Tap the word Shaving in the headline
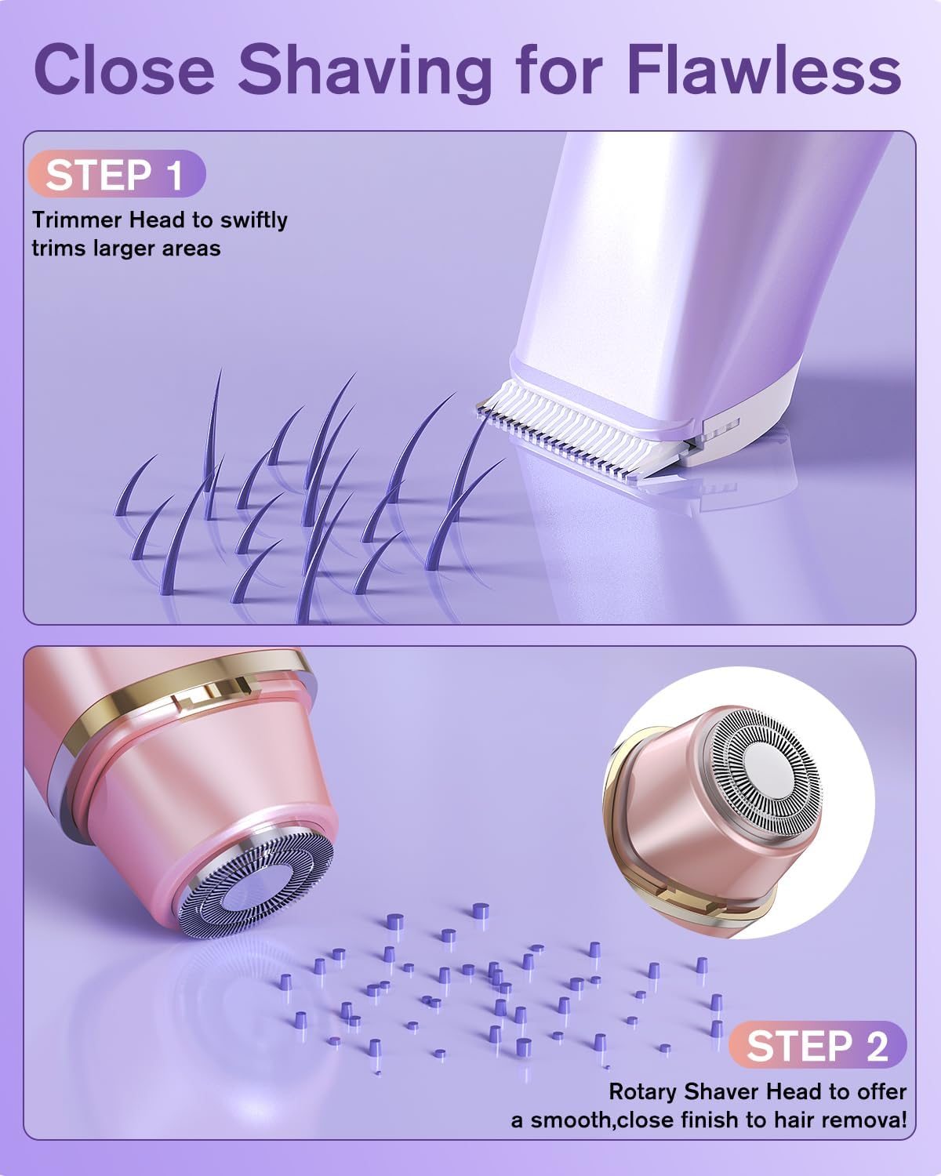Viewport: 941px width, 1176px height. (x=365, y=71)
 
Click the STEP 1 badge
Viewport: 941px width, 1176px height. (x=116, y=174)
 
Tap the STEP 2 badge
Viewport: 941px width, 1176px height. (x=816, y=1046)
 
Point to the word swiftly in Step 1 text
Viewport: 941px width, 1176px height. (x=253, y=220)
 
